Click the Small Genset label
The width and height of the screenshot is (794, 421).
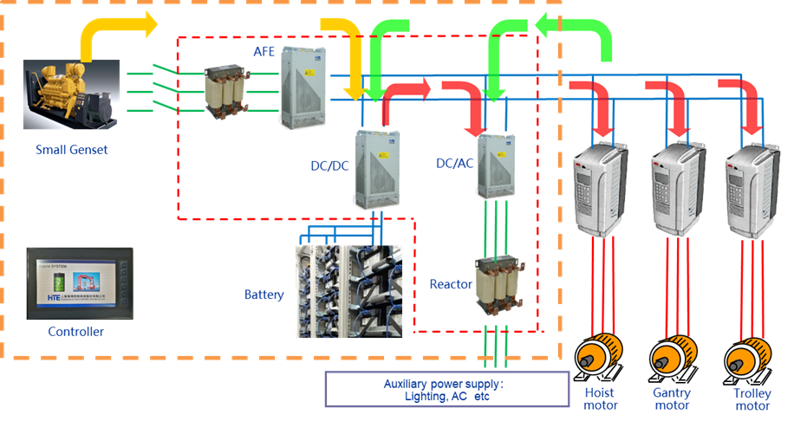[x=72, y=149]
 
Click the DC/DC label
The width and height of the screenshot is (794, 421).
[x=329, y=165]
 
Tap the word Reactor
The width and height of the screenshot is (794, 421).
[x=451, y=283]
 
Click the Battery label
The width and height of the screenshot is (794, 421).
[x=264, y=295]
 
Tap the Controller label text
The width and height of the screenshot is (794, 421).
[x=76, y=332]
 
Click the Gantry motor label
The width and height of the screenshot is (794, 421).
[x=672, y=399]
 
